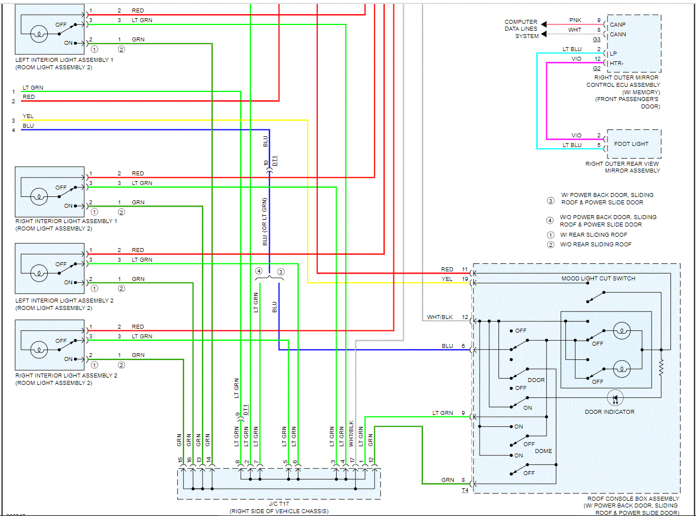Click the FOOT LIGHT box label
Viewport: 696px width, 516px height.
tap(632, 144)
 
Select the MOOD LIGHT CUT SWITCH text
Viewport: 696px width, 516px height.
tap(598, 278)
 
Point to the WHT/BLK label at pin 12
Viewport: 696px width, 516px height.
tap(440, 317)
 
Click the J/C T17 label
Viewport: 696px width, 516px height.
tap(278, 504)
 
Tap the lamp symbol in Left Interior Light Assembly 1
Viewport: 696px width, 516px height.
tap(38, 34)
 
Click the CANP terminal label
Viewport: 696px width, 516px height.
tap(618, 25)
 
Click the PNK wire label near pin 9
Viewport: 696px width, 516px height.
tap(575, 20)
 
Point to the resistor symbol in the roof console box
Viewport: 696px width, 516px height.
tap(661, 368)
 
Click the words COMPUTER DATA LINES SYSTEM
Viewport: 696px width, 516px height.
tap(521, 29)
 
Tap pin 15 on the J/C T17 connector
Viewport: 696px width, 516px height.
tap(181, 460)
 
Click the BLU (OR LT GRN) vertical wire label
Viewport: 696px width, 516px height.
tap(265, 221)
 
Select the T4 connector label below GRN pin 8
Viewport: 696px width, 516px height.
tap(465, 489)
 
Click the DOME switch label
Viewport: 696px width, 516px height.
tap(543, 451)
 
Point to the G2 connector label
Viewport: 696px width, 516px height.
tap(596, 69)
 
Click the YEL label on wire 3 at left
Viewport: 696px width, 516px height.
tap(28, 116)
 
